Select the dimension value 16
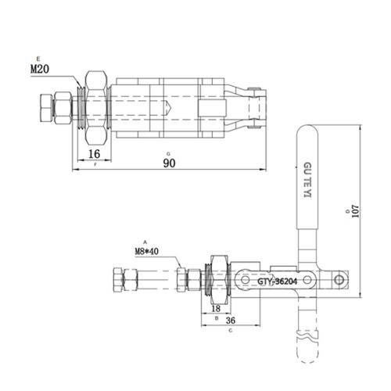pyautogui.click(x=94, y=153)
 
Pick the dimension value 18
pyautogui.click(x=217, y=310)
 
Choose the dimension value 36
pyautogui.click(x=231, y=320)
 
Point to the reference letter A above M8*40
pyautogui.click(x=144, y=242)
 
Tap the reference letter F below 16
pyautogui.click(x=95, y=165)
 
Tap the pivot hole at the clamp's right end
pyautogui.click(x=339, y=278)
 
